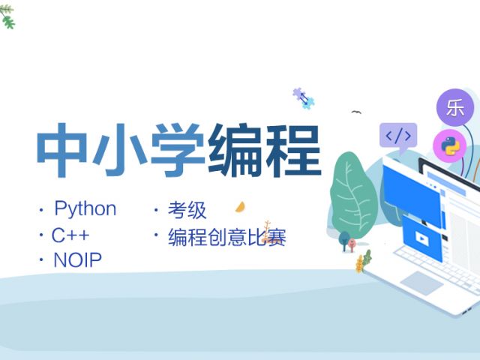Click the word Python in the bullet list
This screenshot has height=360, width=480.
(x=85, y=209)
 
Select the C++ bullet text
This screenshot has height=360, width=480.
(x=70, y=235)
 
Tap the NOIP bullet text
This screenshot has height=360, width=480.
(x=77, y=260)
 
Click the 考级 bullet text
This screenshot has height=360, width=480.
(x=187, y=210)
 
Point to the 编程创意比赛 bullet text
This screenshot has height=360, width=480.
(x=226, y=237)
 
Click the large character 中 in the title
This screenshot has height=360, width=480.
(x=61, y=150)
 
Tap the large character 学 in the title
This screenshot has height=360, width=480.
(x=178, y=150)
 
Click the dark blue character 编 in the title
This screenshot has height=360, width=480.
(x=235, y=150)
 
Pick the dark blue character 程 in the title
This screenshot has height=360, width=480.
(x=293, y=150)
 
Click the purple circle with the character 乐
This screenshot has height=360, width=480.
(x=455, y=107)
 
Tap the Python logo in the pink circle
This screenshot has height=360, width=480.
(x=449, y=145)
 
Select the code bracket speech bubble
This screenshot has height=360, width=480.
(x=398, y=137)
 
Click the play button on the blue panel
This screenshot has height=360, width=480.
(x=421, y=238)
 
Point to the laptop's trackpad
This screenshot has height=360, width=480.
(x=421, y=283)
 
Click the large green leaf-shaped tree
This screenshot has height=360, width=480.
(x=353, y=195)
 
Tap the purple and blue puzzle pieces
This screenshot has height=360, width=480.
(x=303, y=98)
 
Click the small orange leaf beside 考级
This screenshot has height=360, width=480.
(x=240, y=207)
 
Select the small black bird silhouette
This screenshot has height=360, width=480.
(x=356, y=112)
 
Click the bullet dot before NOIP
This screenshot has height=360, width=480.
(x=41, y=260)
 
